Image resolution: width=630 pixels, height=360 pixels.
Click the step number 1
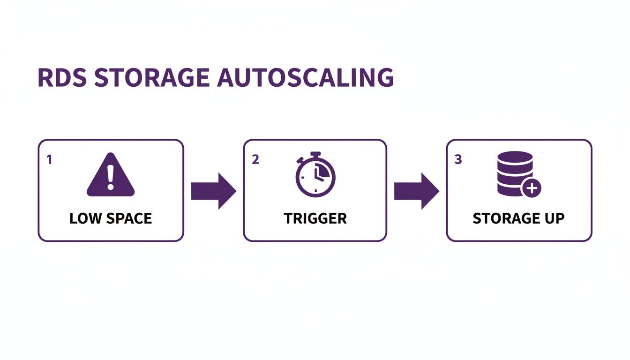[49, 159]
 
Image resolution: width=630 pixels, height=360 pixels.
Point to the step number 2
[255, 159]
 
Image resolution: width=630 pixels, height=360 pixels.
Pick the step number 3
[458, 159]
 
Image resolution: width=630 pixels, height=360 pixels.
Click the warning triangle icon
[111, 176]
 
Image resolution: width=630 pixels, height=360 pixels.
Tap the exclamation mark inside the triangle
[111, 177]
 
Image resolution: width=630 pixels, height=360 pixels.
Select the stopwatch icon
[315, 174]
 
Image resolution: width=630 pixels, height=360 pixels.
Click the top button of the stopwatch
[315, 154]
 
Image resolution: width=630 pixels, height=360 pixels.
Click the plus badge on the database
[532, 189]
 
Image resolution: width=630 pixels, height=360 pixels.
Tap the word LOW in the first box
[84, 218]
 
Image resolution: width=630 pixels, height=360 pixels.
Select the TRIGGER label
[315, 218]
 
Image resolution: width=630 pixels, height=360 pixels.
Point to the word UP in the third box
[554, 218]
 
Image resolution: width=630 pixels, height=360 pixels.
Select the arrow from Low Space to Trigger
[214, 191]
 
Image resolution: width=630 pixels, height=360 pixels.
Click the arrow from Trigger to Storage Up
[416, 191]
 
